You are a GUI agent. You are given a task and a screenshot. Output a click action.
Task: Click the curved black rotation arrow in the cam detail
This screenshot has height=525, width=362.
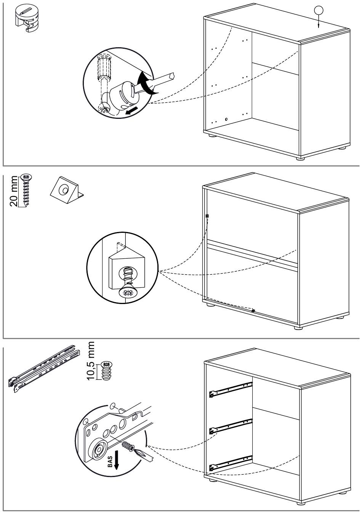(145, 84)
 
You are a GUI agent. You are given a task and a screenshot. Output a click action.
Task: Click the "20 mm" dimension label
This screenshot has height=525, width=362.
(14, 191)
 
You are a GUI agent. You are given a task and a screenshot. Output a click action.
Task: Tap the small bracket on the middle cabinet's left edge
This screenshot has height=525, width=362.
(207, 216)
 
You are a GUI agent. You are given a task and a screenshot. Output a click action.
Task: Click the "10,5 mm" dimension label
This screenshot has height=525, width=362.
(90, 360)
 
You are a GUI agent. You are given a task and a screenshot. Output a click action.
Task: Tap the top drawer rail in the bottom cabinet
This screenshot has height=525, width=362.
(231, 389)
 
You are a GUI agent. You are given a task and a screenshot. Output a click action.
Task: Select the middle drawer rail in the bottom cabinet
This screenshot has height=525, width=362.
(231, 426)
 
